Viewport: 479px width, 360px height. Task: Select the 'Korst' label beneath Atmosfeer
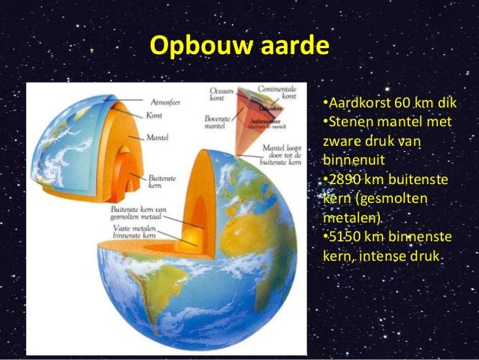(155, 115)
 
